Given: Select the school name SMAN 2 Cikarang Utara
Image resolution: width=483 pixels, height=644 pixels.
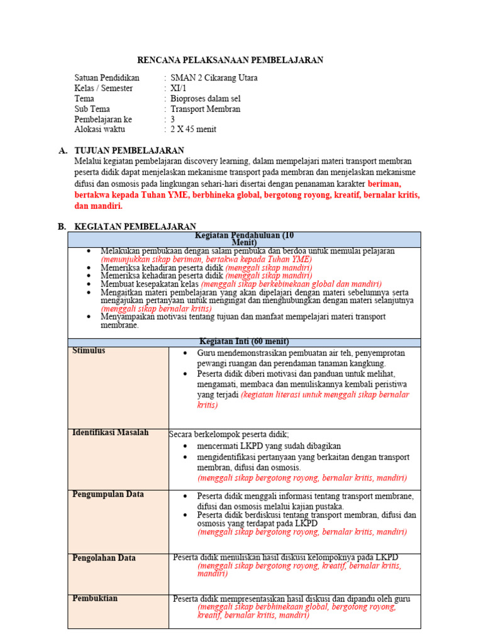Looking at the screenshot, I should coord(214,78).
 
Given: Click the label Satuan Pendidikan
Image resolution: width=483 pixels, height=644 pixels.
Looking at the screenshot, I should coord(107,78).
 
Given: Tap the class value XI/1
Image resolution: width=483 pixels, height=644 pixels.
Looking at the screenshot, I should coord(179,88).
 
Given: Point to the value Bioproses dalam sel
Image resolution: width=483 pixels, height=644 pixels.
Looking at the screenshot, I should coord(205,99).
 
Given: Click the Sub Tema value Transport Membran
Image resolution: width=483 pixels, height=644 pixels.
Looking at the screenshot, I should coord(205,109).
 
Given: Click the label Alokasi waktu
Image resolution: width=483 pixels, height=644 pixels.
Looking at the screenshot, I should coord(99,129).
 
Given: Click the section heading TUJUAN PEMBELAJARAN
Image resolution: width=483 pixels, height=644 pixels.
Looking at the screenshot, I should coord(129,151).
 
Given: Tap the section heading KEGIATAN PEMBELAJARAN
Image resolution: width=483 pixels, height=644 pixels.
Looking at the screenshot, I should coord(135,226).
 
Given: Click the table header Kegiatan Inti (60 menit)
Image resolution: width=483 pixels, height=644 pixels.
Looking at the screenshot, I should coord(244,341).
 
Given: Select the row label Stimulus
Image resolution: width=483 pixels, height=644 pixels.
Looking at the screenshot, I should coord(89,351).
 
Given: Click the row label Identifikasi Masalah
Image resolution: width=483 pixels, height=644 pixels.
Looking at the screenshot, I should coord(111,433).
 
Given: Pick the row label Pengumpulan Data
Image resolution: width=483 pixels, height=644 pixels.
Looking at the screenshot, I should coord(108,494).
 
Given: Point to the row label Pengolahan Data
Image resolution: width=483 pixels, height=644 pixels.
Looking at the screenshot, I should coord(104,558).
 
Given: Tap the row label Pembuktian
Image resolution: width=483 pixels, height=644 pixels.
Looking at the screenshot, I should coord(95,598).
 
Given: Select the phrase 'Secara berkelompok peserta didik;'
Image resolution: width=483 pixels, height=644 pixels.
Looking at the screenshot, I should coord(229,434).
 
